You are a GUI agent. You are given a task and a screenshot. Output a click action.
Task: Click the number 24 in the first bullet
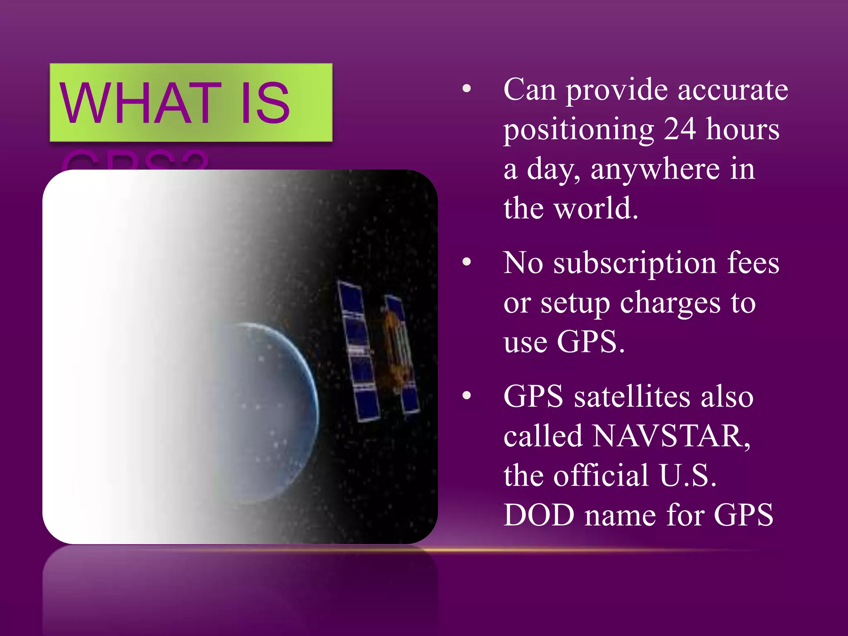click(x=679, y=129)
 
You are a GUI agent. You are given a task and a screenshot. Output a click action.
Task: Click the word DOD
click(x=539, y=515)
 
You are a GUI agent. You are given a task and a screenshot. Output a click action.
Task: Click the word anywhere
click(x=655, y=169)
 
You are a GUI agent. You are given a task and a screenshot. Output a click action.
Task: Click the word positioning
click(x=579, y=130)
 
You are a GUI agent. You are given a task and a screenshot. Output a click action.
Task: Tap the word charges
click(x=670, y=304)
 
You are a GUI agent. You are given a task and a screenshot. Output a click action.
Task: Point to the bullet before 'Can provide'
click(x=467, y=88)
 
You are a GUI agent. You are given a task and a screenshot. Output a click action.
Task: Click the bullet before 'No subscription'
click(x=467, y=262)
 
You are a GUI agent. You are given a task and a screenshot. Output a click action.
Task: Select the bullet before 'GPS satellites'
click(x=467, y=395)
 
